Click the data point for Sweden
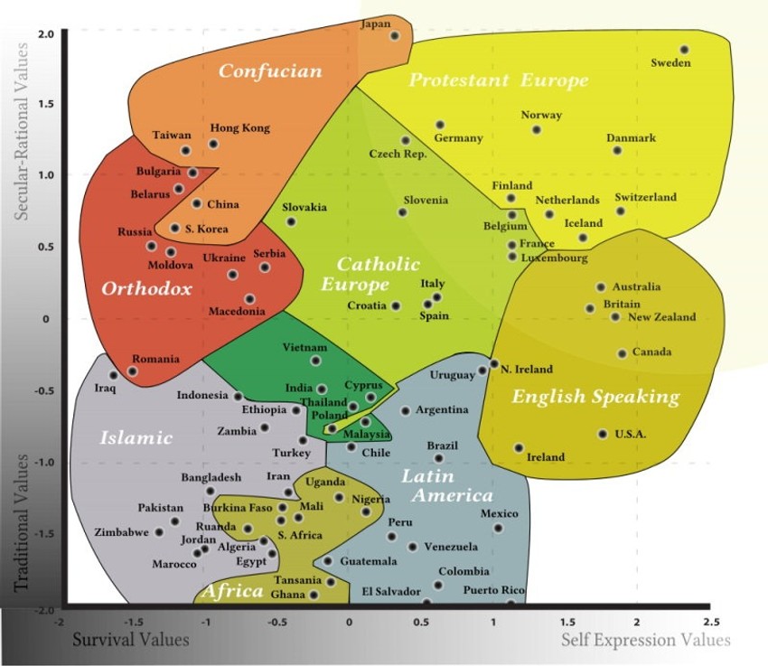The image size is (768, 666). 684,50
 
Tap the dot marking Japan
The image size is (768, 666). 395,36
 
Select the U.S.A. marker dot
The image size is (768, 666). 603,434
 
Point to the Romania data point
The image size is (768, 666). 132,371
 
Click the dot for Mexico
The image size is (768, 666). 498,528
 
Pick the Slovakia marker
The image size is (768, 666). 292,221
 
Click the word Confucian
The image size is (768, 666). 270,71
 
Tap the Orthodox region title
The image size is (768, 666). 146,288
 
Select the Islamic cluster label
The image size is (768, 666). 136,437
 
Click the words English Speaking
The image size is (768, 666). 595,397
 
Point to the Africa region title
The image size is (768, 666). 232,591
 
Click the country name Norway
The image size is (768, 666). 541,115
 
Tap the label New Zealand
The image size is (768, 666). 661,317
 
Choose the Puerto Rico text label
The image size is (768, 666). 493,590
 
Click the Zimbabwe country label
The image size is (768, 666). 121,532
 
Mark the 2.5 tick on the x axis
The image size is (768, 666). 711,622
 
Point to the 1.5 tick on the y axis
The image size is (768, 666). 46,104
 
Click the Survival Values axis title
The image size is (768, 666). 131,640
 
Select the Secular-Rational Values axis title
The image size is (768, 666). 21,131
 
